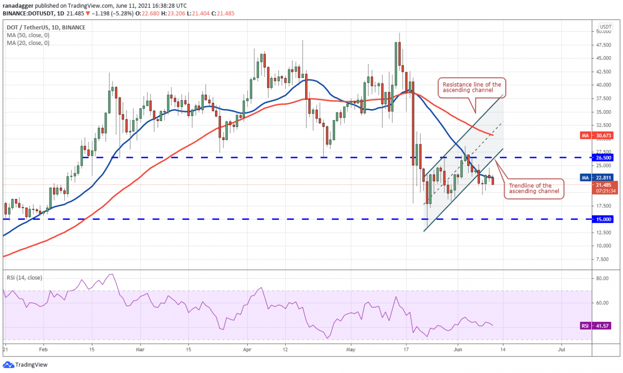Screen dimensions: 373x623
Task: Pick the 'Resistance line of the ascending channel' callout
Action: coord(471,88)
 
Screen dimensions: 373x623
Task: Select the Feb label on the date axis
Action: coord(43,350)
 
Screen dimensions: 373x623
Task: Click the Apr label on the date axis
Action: coord(247,350)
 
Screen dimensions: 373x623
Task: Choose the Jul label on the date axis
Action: coord(561,350)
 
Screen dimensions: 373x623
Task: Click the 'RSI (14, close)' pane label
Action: coord(24,278)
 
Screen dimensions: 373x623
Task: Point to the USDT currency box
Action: coord(605,26)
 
